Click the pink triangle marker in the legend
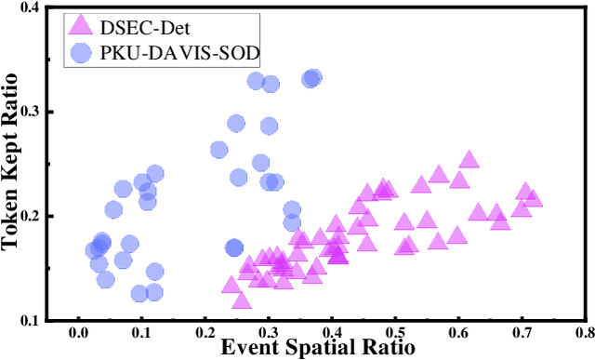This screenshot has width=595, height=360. (82, 25)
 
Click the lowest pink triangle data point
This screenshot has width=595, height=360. (242, 300)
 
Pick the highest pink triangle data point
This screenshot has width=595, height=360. (469, 160)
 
